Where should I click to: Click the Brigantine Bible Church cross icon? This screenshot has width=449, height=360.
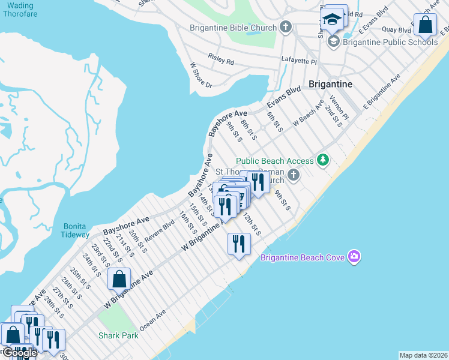286,27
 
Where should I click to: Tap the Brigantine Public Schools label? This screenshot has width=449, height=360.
390,42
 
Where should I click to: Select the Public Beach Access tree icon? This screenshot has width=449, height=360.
324,160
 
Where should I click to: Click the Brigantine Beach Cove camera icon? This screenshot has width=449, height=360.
355,257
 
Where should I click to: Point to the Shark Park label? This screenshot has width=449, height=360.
118,335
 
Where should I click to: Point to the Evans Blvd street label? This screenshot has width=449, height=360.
283,98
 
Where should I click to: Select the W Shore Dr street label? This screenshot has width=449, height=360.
201,75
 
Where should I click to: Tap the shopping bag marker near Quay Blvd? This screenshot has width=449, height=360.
425,25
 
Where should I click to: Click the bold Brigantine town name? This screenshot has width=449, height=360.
330,85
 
